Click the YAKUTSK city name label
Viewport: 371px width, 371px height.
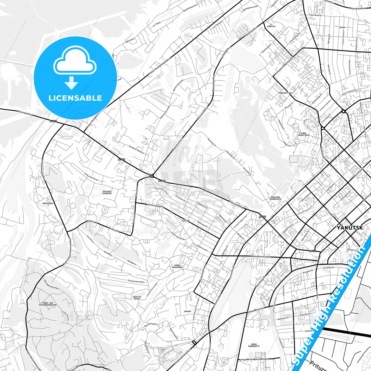[350, 228]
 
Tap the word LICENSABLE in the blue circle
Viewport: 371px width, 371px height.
[75, 98]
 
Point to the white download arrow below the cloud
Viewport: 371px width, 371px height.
[71, 83]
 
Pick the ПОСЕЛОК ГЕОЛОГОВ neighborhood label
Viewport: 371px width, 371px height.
[107, 192]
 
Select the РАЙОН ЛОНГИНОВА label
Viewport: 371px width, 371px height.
[177, 266]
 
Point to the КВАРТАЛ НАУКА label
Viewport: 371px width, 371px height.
[137, 298]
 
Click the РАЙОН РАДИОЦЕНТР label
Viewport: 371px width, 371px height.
[254, 345]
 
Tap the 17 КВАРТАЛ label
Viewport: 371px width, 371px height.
[271, 25]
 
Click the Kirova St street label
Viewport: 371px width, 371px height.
[329, 212]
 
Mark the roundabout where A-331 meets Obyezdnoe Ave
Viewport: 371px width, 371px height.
[152, 176]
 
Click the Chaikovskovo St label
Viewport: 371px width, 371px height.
[203, 273]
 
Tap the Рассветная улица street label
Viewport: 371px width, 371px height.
[136, 281]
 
